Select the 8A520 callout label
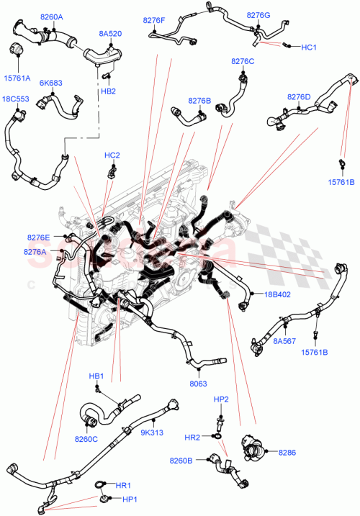tap(110, 32)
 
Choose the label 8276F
tap(153, 21)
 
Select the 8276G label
tap(258, 14)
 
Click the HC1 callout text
tap(309, 47)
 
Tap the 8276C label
tap(243, 61)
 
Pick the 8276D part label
tap(299, 96)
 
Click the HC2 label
tap(112, 155)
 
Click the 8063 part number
tap(199, 386)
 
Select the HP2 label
tap(221, 399)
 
